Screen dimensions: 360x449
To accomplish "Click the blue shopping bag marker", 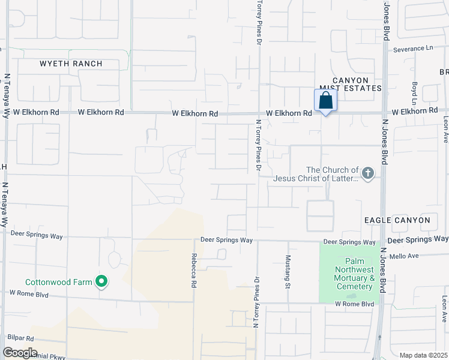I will coord(325,101).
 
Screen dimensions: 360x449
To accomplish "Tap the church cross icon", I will coord(368,174).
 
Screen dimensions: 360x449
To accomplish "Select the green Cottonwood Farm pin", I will coord(101,281).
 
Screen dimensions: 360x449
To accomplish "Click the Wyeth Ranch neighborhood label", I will coord(71,64).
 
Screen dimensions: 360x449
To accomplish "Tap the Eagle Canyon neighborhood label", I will coord(397,220).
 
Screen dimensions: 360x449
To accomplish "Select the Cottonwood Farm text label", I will coord(58,282).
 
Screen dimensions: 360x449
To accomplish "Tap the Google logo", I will coord(20,353).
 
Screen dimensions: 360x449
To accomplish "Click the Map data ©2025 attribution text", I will coord(423,355).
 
